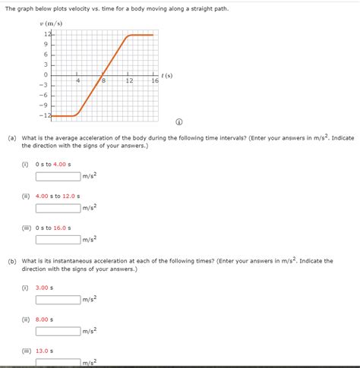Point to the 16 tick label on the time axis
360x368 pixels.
pyautogui.click(x=154, y=80)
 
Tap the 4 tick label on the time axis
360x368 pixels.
pyautogui.click(x=78, y=80)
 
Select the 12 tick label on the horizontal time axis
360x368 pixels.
pyautogui.click(x=129, y=80)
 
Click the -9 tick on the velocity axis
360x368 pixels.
pyautogui.click(x=44, y=105)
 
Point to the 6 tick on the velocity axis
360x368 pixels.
pyautogui.click(x=46, y=55)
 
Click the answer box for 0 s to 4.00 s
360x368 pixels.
pyautogui.click(x=58, y=177)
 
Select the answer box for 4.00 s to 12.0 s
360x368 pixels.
pyautogui.click(x=58, y=208)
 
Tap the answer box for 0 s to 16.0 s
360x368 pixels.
pyautogui.click(x=58, y=239)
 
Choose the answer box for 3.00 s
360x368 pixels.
pyautogui.click(x=58, y=300)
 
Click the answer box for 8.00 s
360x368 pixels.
pyautogui.click(x=58, y=331)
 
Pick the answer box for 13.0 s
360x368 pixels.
pyautogui.click(x=58, y=361)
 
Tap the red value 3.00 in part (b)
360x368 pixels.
pyautogui.click(x=43, y=288)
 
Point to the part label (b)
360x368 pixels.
pyautogui.click(x=12, y=260)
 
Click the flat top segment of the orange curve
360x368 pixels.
pyautogui.click(x=141, y=35)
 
